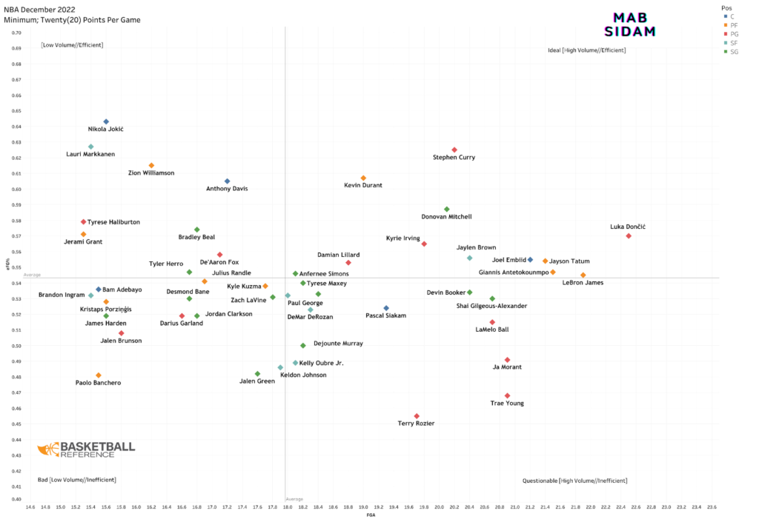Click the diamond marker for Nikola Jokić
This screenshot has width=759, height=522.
[x=106, y=121]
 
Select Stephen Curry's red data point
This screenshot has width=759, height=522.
[x=454, y=150]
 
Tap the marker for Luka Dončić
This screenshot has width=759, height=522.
[x=629, y=236]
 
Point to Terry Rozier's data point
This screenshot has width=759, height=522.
[x=417, y=416]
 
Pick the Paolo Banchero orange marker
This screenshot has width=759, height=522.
[x=99, y=375]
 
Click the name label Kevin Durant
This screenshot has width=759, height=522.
[x=363, y=185]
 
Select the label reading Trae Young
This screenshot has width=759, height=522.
[x=507, y=404]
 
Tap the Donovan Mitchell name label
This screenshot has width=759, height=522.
[x=446, y=217]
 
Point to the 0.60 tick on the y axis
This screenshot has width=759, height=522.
[x=16, y=190]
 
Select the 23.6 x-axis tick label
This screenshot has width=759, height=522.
[x=712, y=507]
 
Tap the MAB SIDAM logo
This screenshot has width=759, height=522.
[x=630, y=24]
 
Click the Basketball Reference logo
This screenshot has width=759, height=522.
[x=87, y=449]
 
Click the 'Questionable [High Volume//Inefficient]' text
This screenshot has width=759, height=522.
[x=574, y=481]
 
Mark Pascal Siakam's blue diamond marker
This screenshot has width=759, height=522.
[x=386, y=308]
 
